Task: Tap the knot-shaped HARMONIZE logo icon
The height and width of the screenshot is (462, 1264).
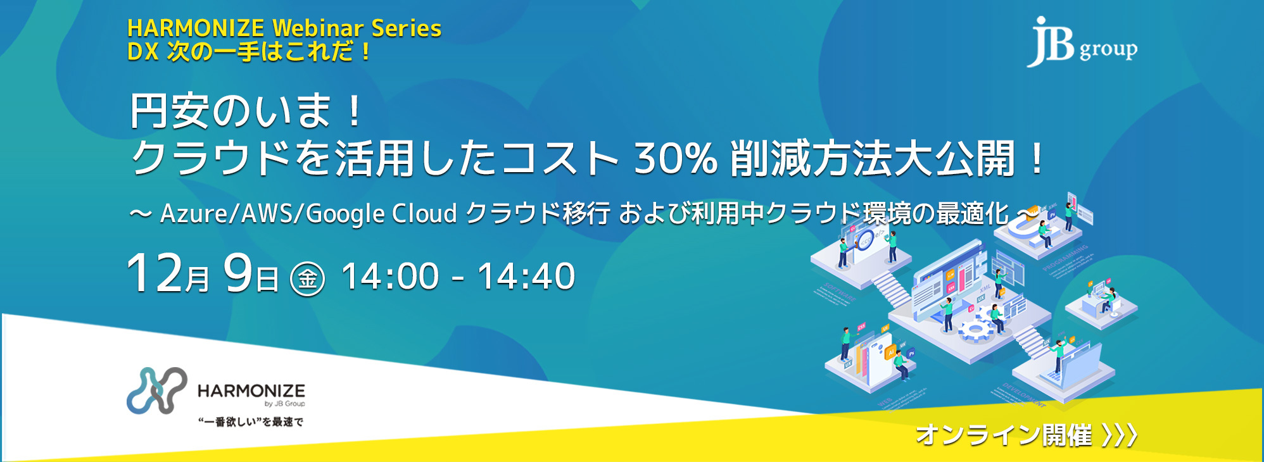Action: pyautogui.click(x=156, y=390)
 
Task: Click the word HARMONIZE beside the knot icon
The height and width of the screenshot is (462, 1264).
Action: pyautogui.click(x=251, y=390)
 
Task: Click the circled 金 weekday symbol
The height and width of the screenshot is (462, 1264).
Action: pyautogui.click(x=308, y=278)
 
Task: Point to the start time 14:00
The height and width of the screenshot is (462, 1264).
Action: pyautogui.click(x=390, y=277)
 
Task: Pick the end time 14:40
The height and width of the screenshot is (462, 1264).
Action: pyautogui.click(x=526, y=277)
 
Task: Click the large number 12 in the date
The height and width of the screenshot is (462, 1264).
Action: pyautogui.click(x=154, y=273)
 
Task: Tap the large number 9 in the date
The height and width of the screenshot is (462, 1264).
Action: pyautogui.click(x=238, y=273)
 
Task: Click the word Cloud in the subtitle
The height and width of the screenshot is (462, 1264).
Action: pyautogui.click(x=424, y=214)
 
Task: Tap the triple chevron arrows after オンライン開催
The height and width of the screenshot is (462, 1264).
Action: pyautogui.click(x=1120, y=435)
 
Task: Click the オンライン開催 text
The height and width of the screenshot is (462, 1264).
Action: pyautogui.click(x=1004, y=435)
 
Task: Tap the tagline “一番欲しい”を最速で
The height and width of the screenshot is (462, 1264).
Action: pyautogui.click(x=251, y=422)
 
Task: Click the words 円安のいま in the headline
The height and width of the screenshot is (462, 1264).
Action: pyautogui.click(x=231, y=111)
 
